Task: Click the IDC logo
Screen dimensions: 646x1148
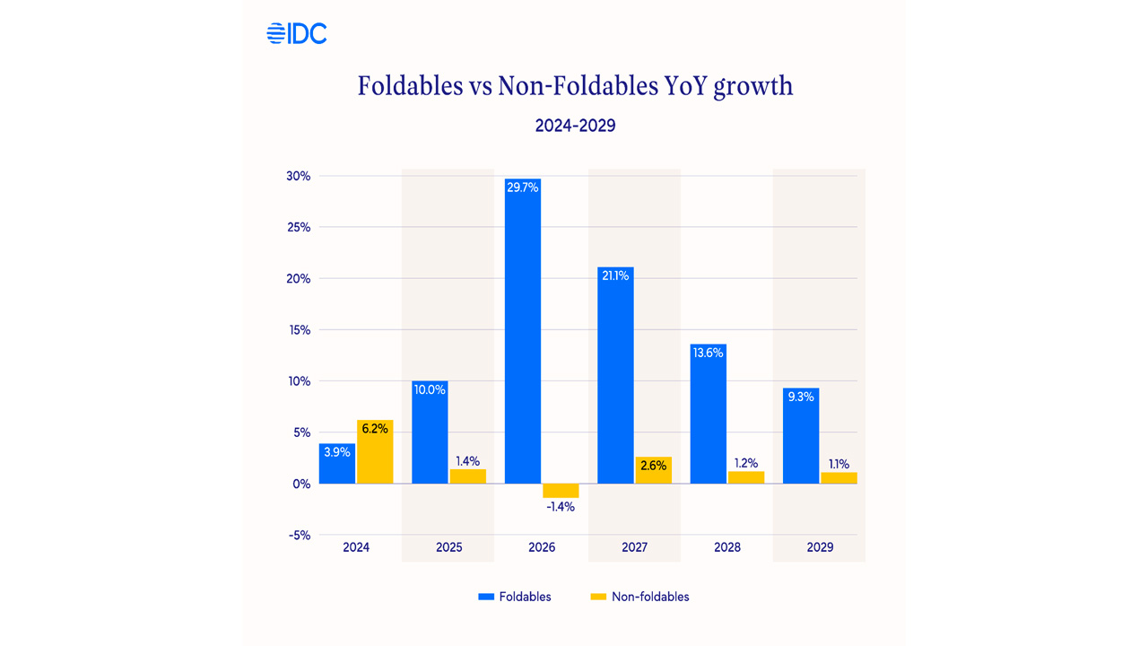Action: (x=297, y=34)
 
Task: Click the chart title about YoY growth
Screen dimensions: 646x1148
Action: (x=575, y=86)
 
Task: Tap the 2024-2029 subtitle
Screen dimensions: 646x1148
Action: (x=575, y=126)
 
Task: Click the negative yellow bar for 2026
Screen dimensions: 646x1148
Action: (x=561, y=490)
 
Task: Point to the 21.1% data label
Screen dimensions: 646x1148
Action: (x=615, y=276)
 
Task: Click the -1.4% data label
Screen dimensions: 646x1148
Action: (x=561, y=506)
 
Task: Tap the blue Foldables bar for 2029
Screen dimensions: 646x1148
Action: (x=801, y=436)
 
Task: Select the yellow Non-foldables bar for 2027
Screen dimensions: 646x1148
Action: (x=653, y=470)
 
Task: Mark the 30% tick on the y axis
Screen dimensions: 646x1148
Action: (x=298, y=176)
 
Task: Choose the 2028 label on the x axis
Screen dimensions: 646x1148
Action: (x=727, y=547)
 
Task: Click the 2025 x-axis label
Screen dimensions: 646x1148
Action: (x=448, y=547)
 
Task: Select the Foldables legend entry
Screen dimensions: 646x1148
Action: (x=515, y=597)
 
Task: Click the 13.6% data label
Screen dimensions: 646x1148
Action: (x=708, y=353)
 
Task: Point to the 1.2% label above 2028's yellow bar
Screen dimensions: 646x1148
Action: (x=745, y=463)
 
